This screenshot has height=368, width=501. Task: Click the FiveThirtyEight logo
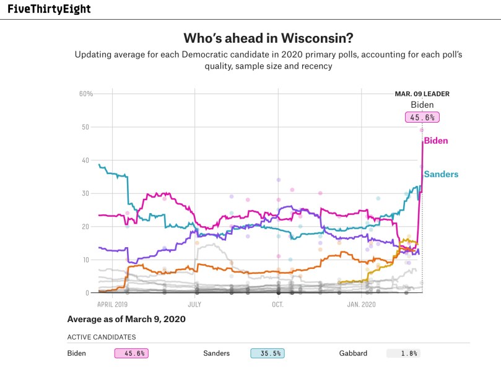[49, 9]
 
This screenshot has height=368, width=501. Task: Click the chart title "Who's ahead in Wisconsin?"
[268, 38]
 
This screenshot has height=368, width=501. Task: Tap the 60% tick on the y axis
[85, 94]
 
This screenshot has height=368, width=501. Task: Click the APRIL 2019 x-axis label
[112, 305]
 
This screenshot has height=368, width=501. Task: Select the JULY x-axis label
[194, 305]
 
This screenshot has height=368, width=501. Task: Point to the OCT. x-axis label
[277, 305]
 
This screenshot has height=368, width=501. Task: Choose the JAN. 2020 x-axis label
[361, 305]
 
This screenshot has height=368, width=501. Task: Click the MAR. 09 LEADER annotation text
[422, 94]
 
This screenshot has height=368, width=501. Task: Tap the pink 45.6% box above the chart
[422, 117]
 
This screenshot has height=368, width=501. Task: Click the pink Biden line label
[436, 141]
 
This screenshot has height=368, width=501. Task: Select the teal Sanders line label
[441, 174]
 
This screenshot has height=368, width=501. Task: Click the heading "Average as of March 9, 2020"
[126, 320]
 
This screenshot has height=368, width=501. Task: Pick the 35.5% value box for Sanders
[267, 353]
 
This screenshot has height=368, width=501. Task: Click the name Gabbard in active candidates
[353, 353]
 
